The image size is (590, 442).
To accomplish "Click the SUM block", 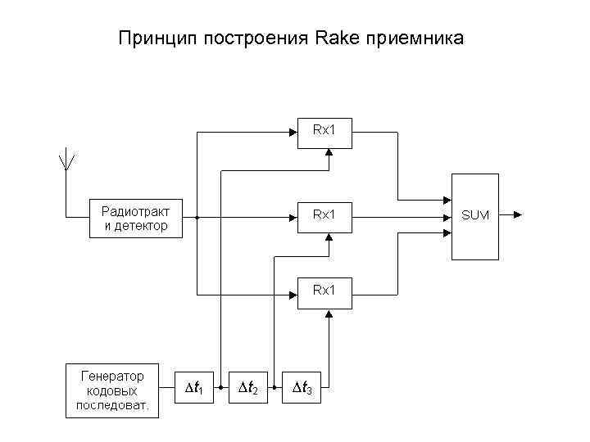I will [x=474, y=216].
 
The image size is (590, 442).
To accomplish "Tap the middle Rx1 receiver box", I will [x=324, y=215].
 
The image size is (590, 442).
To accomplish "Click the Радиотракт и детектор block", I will [x=135, y=219].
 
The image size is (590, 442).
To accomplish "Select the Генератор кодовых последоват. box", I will [x=112, y=390].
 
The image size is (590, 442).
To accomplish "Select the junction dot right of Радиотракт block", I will [x=197, y=219].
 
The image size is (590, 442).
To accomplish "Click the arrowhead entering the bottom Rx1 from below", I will [x=328, y=315].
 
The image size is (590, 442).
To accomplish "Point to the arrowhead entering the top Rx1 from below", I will [x=328, y=152].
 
